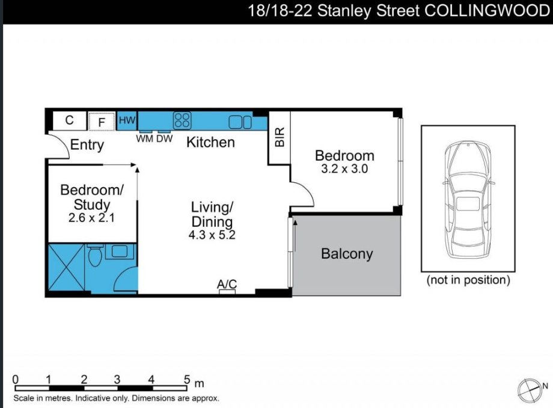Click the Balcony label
point(347,254)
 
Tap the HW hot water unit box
point(127,120)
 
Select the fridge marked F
point(102,122)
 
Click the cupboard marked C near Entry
point(69,120)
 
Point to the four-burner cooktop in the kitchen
point(182,120)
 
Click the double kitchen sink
point(240,122)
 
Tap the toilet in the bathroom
point(94,256)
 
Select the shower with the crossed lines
point(66,269)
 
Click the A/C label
point(227,284)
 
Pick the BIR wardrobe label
point(280,138)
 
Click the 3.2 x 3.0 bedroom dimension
point(344,169)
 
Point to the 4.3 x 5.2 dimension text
point(212,235)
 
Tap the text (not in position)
point(468,280)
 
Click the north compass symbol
point(529,389)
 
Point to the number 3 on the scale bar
point(117,380)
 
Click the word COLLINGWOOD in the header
point(487,11)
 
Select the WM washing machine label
point(145,139)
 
